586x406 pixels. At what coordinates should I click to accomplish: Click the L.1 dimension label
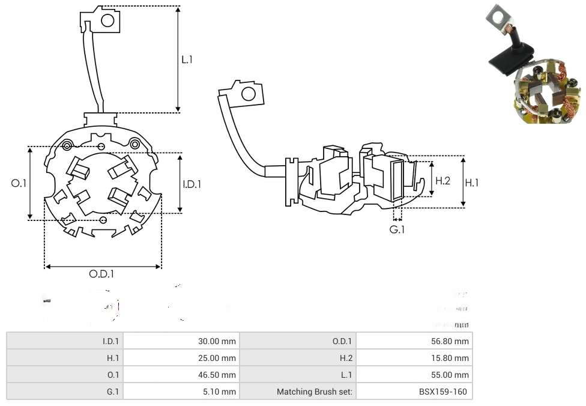tap(187, 59)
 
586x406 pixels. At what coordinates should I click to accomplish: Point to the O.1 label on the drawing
tap(19, 183)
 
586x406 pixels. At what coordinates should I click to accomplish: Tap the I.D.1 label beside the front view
tap(192, 184)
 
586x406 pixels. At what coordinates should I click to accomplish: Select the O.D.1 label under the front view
tap(101, 274)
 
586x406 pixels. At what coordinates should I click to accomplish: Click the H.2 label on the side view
tap(443, 180)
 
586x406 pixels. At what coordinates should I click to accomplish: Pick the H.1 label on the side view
tap(472, 183)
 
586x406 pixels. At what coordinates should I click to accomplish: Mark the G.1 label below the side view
tap(397, 229)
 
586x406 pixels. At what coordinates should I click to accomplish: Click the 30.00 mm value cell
tap(217, 341)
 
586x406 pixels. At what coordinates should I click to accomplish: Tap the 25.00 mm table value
tap(217, 358)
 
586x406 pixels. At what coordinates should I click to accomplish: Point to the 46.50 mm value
tap(217, 375)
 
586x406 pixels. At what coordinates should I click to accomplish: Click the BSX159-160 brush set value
tap(444, 392)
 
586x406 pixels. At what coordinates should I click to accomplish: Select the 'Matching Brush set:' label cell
tap(315, 392)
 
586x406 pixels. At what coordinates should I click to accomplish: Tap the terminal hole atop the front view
tap(107, 21)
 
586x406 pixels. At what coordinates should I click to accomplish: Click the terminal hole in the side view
tap(247, 94)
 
